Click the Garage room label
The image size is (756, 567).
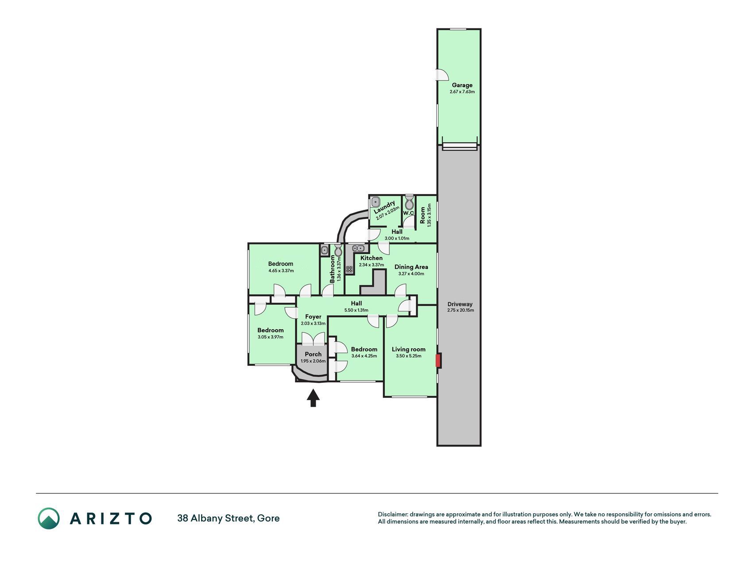click(462, 85)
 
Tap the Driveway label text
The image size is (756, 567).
click(460, 304)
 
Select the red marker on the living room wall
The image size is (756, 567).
click(438, 361)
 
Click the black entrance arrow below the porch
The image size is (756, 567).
click(313, 398)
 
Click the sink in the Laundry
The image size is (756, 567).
click(376, 202)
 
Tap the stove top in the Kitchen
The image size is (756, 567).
click(349, 269)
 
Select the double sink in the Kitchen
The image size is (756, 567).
click(358, 248)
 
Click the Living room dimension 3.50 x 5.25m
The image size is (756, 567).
click(408, 356)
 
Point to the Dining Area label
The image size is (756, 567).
click(411, 267)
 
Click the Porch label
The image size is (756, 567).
click(313, 354)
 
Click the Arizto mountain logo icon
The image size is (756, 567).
click(49, 518)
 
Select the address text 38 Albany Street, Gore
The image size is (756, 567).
click(229, 518)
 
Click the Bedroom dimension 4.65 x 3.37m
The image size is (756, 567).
click(281, 271)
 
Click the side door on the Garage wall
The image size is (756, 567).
click(441, 75)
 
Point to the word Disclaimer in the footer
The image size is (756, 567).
click(392, 514)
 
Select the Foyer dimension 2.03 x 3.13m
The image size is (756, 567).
click(313, 323)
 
